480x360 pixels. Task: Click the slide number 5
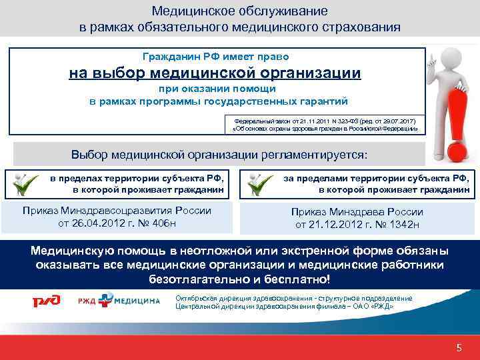point(459,348)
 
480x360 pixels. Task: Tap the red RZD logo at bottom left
point(45,301)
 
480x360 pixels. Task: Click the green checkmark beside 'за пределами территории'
point(258,184)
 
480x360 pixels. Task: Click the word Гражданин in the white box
point(171,57)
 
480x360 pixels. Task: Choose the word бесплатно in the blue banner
point(299,278)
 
